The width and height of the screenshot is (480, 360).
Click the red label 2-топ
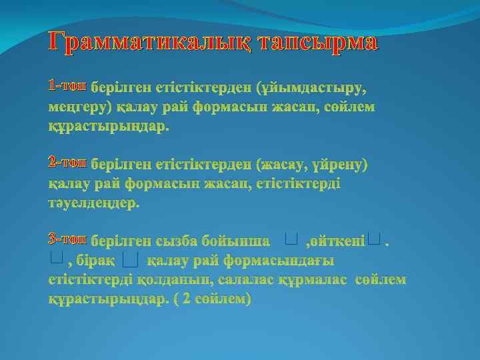(x=67, y=163)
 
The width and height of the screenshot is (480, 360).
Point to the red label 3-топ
(x=67, y=239)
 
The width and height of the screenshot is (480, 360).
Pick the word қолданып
(x=175, y=279)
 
